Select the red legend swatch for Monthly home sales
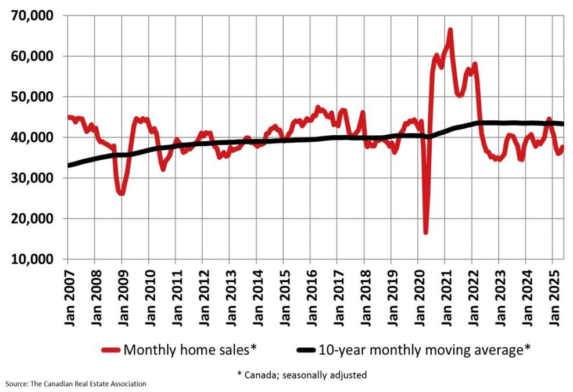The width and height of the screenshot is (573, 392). (110, 350)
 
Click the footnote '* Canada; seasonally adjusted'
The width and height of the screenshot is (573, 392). (302, 375)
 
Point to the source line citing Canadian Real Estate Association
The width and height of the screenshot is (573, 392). (76, 384)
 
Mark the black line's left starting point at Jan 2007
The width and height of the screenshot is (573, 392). (69, 166)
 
